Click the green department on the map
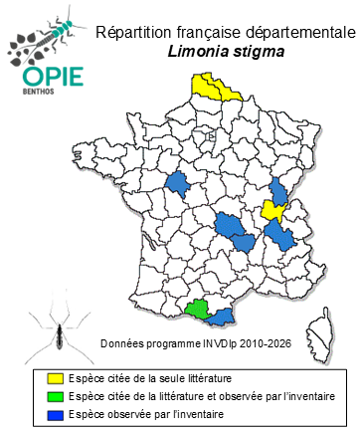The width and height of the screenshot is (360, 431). tap(199, 309)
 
